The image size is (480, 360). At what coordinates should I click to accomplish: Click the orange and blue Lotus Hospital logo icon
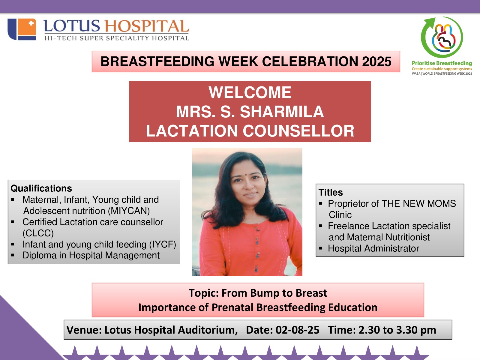(x=22, y=29)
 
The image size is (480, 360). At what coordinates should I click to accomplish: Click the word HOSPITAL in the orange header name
(x=147, y=26)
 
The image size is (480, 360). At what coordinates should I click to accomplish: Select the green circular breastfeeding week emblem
(x=442, y=37)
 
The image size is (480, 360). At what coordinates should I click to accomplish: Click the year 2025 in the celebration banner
(x=376, y=61)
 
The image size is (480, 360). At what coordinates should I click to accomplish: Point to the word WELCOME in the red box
(x=250, y=92)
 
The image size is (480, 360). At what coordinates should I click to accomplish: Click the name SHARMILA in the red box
(x=282, y=112)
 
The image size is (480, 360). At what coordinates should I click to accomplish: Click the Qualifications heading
(x=41, y=188)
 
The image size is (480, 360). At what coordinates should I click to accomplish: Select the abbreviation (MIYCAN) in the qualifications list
(x=129, y=211)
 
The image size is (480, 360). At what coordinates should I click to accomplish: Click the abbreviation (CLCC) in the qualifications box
(x=38, y=233)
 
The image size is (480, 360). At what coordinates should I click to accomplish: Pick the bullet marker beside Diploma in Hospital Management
(x=13, y=255)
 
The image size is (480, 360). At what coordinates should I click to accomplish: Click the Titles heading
(x=331, y=192)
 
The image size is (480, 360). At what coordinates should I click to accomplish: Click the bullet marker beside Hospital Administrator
(x=321, y=248)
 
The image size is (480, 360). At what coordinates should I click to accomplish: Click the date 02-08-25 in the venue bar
(x=297, y=330)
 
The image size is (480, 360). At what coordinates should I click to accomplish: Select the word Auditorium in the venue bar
(x=208, y=330)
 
